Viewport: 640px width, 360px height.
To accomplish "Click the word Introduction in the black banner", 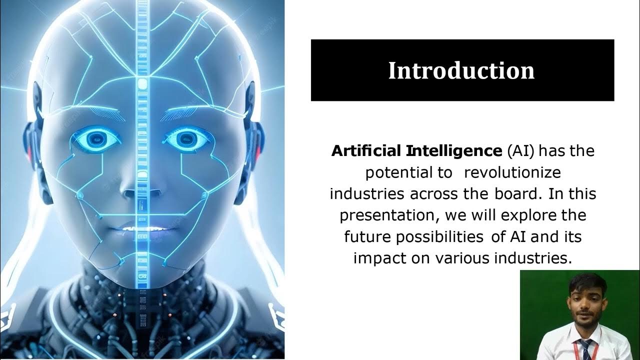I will pos(461,70).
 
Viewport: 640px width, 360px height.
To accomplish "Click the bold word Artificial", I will pos(366,150).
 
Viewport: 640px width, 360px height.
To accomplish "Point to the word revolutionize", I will pos(512,172).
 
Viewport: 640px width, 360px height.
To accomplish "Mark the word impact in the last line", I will pos(375,258).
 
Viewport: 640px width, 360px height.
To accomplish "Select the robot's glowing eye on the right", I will pos(186,138).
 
